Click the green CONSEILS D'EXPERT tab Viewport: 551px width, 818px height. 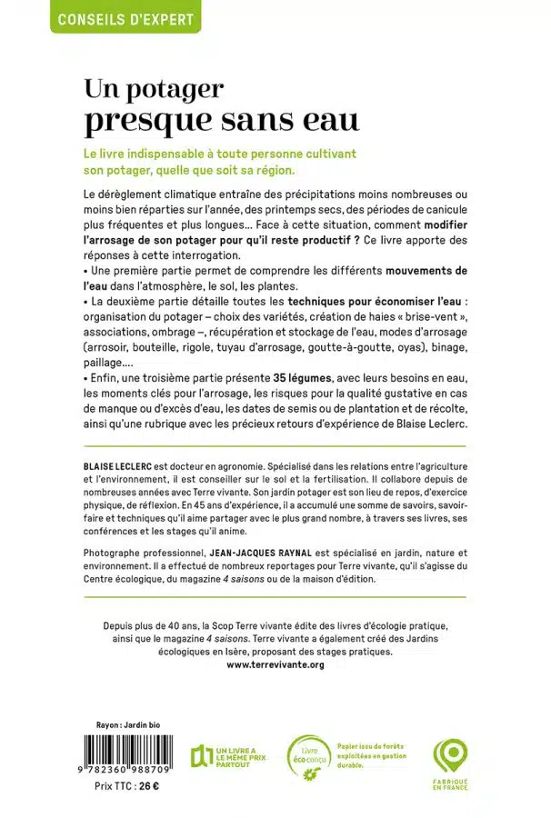125,17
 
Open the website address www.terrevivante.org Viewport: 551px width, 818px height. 275,664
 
